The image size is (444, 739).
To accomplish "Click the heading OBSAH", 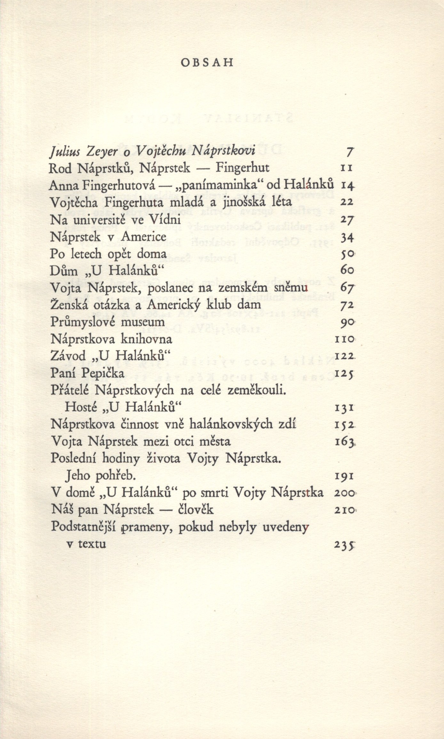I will click(x=207, y=63).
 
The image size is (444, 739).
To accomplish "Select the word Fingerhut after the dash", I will click(x=242, y=168).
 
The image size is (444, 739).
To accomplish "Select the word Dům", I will click(x=64, y=271).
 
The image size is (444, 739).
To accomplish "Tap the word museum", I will click(x=147, y=322).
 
